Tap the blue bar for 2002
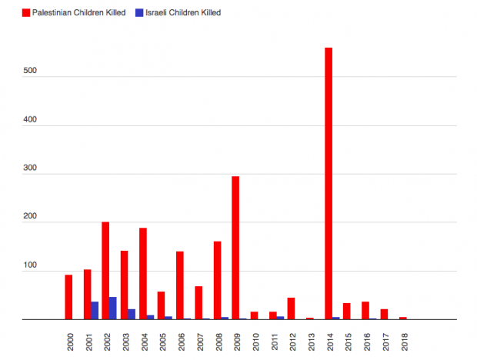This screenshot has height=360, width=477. coord(113,308)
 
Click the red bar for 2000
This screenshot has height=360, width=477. coord(68,297)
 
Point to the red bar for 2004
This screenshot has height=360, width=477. coord(143,273)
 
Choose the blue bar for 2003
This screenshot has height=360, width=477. coord(132,314)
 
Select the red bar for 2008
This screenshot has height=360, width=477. coord(217,280)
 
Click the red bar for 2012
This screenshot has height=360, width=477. coord(292,308)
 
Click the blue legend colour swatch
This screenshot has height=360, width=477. coord(138,12)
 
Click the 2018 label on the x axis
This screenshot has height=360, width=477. coord(403,338)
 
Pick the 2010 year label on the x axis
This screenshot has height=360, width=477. coord(255,338)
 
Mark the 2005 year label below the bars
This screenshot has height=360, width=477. coord(162,338)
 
